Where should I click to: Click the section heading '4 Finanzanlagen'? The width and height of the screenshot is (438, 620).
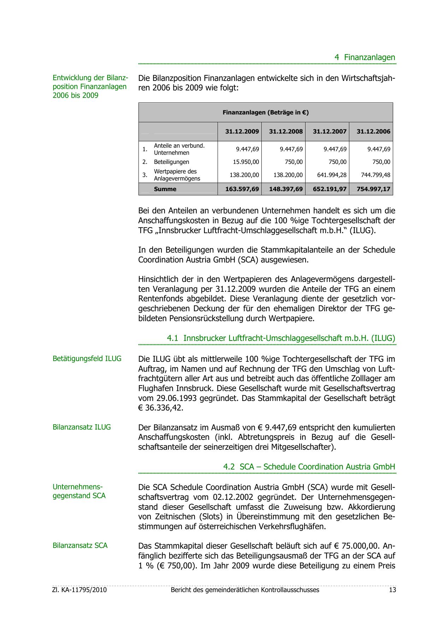pyautogui.click(x=365, y=57)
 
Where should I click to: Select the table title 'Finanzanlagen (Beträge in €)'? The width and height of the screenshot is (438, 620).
pyautogui.click(x=265, y=113)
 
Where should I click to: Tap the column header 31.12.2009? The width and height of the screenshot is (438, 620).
pyautogui.click(x=242, y=131)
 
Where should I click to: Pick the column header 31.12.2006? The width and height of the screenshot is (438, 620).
pyautogui.click(x=373, y=131)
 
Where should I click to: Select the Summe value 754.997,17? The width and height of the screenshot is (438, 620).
pyautogui.click(x=373, y=189)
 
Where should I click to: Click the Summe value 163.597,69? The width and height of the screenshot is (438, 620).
pyautogui.click(x=242, y=189)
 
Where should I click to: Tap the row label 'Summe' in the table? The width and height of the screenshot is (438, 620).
pyautogui.click(x=165, y=189)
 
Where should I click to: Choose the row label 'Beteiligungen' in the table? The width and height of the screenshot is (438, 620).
pyautogui.click(x=171, y=162)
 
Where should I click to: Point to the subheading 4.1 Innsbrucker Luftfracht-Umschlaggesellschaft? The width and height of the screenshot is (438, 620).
pyautogui.click(x=281, y=338)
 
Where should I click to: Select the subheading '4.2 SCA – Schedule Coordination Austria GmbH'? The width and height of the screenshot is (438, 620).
pyautogui.click(x=309, y=467)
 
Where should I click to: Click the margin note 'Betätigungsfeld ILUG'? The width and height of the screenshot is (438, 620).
pyautogui.click(x=87, y=359)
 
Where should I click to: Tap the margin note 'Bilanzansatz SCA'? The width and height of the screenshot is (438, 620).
pyautogui.click(x=80, y=545)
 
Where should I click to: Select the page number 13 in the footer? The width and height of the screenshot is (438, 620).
pyautogui.click(x=392, y=590)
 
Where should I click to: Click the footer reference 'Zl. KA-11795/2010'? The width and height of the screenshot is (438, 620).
pyautogui.click(x=79, y=590)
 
